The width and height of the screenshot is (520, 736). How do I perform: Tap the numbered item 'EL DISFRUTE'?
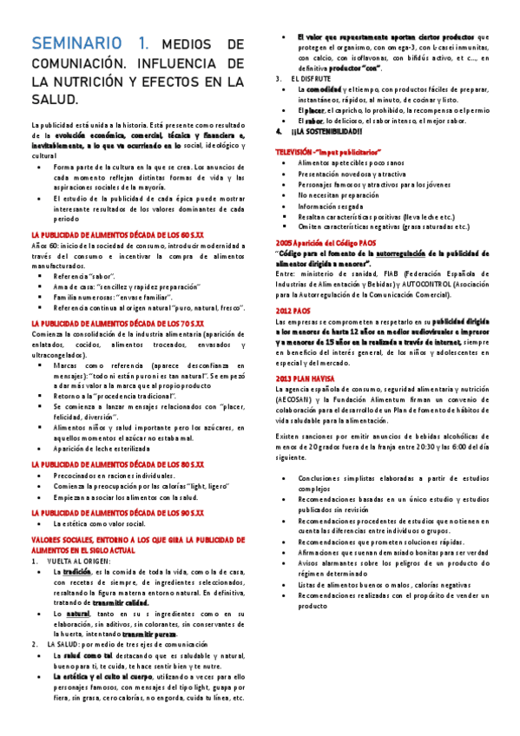pos(313,79)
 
